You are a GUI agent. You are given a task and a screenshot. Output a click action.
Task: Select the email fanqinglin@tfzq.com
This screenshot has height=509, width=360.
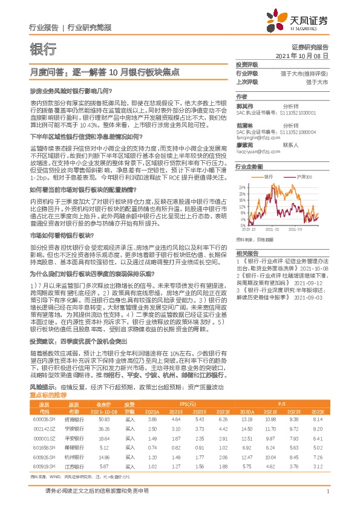point(256,137)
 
